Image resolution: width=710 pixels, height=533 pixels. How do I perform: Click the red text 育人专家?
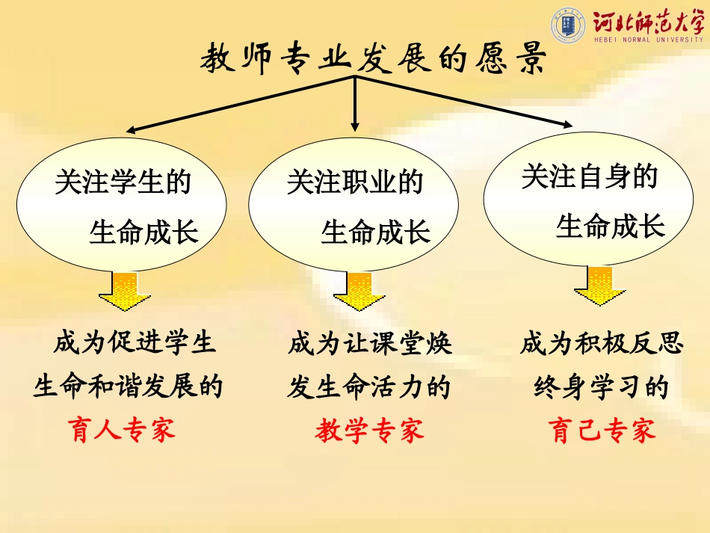(x=123, y=430)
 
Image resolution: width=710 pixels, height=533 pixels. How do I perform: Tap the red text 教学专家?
(x=369, y=430)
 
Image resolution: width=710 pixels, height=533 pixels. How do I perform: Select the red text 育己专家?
(x=602, y=430)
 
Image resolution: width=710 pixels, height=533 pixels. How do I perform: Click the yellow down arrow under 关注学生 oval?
(x=124, y=292)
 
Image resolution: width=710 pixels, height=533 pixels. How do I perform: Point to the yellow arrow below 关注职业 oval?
(x=359, y=292)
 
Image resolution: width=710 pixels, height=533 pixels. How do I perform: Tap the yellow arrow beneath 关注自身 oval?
(x=599, y=287)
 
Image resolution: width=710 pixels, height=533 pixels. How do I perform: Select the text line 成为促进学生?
(x=135, y=343)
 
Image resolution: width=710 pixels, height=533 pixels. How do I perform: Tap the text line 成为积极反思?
(x=602, y=343)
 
